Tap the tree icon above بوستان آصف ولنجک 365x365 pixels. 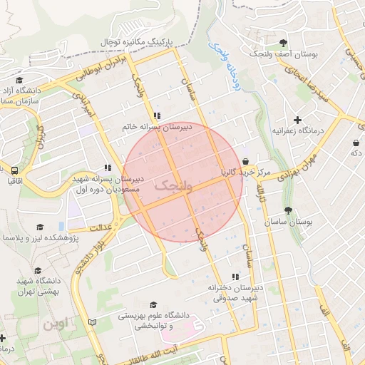pyautogui.click(x=284, y=43)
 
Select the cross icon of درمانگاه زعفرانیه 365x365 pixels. pyautogui.click(x=297, y=120)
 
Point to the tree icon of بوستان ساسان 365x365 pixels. pyautogui.click(x=288, y=210)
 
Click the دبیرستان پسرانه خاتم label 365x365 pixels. pyautogui.click(x=157, y=126)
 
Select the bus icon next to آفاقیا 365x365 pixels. pyautogui.click(x=14, y=170)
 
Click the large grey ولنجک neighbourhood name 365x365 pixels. pyautogui.click(x=174, y=186)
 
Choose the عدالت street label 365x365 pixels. pyautogui.click(x=102, y=227)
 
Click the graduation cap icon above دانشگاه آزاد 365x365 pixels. pyautogui.click(x=19, y=81)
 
